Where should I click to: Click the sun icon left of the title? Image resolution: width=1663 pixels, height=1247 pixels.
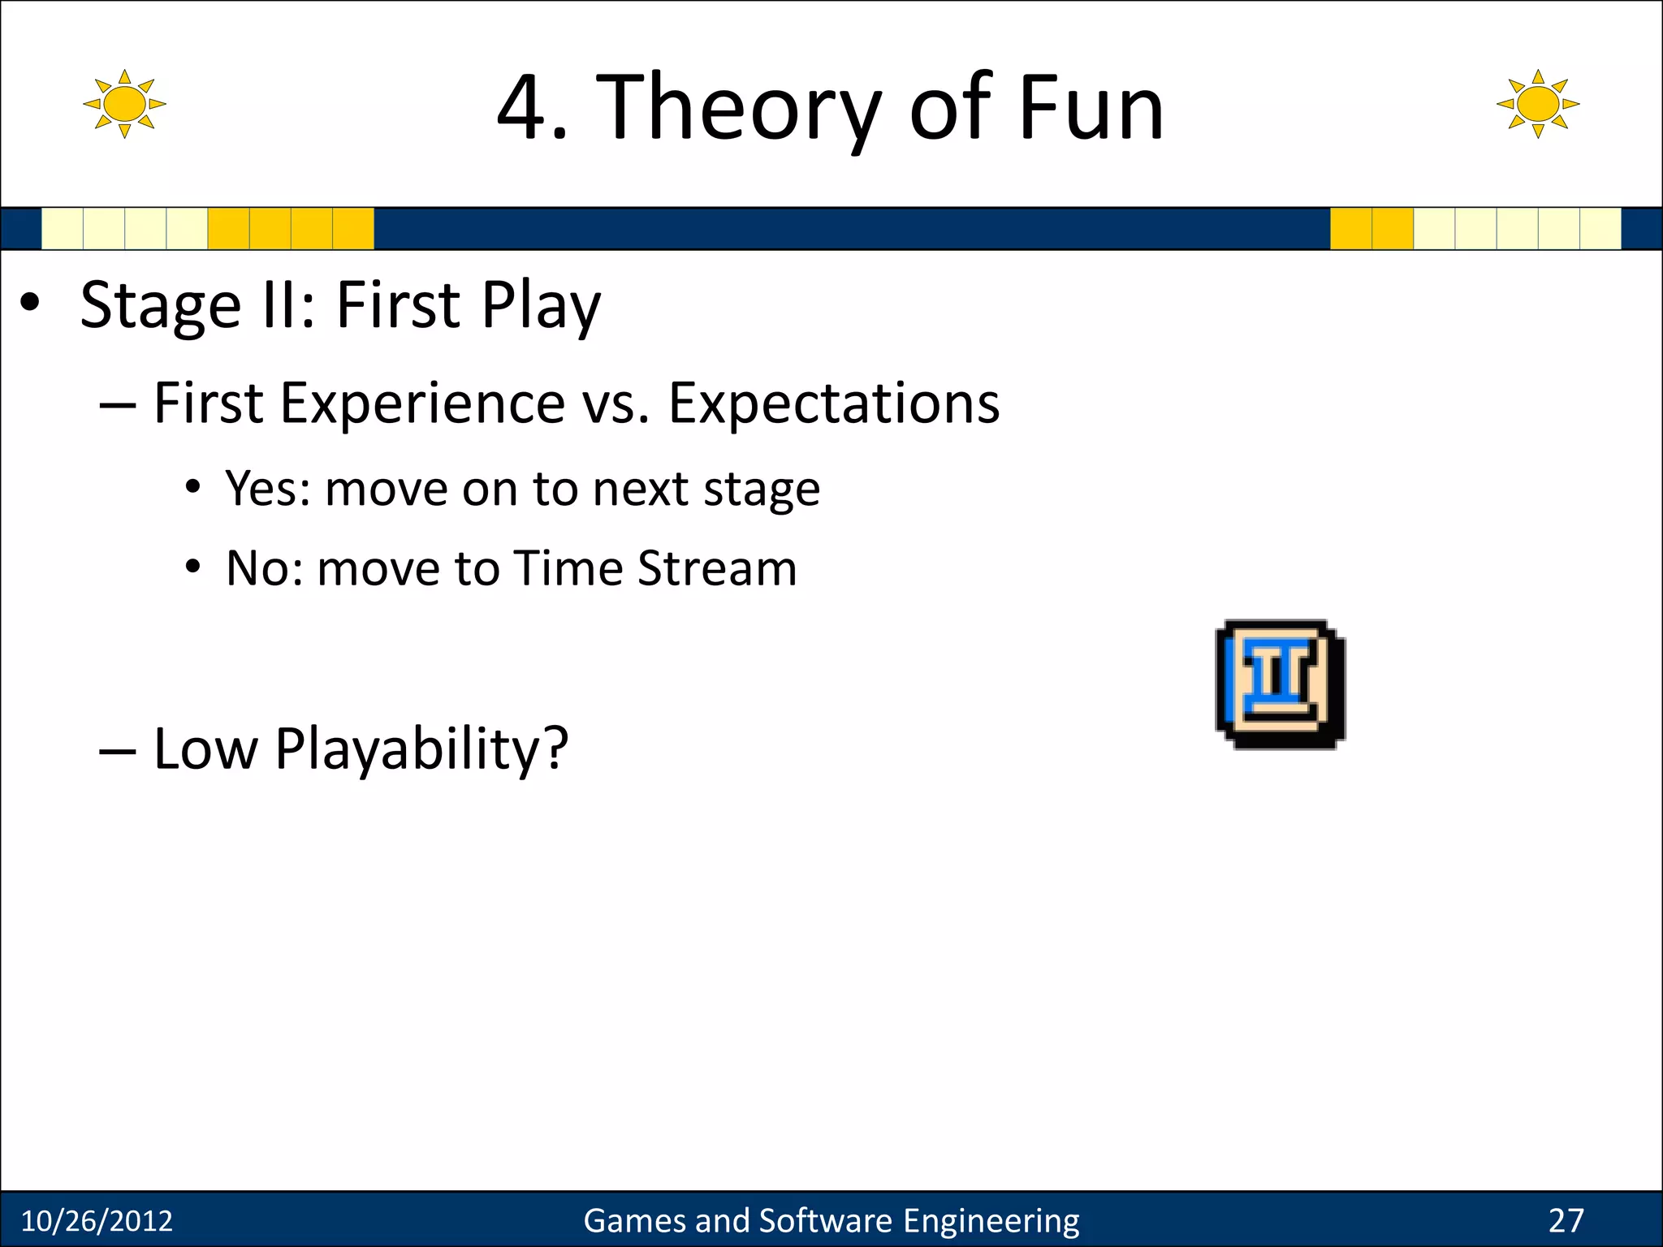(x=124, y=104)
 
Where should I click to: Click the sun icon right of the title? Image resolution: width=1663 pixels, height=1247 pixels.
(x=1537, y=104)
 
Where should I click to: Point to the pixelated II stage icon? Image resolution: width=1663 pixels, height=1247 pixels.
(x=1280, y=684)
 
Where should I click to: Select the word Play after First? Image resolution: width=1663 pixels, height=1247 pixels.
(x=541, y=306)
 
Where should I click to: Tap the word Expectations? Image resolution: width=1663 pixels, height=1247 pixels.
(x=833, y=403)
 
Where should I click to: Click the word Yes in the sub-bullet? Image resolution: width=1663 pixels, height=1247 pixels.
(x=266, y=489)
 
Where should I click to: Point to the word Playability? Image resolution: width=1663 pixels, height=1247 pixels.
(x=421, y=749)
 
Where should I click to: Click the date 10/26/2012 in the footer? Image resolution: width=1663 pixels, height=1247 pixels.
(x=97, y=1221)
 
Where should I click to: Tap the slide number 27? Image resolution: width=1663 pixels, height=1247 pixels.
(x=1566, y=1221)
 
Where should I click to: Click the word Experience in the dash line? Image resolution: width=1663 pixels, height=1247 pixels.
(x=422, y=403)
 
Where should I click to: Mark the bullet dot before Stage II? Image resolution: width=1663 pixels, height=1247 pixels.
(x=30, y=304)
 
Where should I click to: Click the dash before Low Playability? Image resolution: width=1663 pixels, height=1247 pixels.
(x=117, y=752)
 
